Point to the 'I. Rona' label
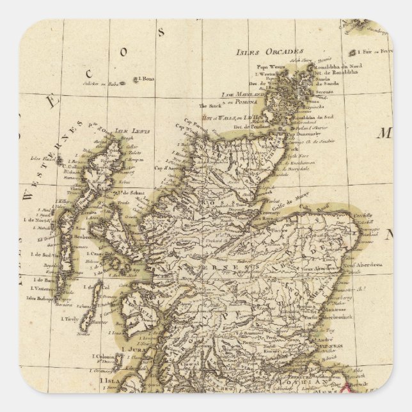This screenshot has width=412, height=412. click(x=146, y=79)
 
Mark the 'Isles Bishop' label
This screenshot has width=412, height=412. click(x=43, y=297)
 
